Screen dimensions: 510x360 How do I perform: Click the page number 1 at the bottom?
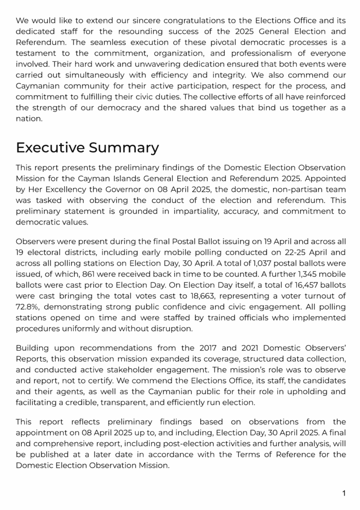pyautogui.click(x=344, y=494)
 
